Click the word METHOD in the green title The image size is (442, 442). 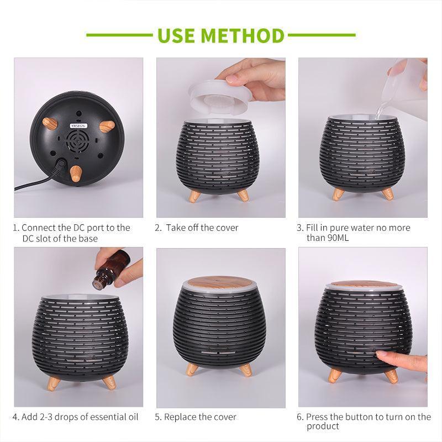(243, 35)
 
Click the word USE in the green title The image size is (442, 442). (176, 35)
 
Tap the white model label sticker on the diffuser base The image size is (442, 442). (78, 125)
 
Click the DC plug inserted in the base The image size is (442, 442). (60, 164)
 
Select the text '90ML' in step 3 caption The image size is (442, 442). (338, 238)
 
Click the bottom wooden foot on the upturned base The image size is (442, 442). (75, 173)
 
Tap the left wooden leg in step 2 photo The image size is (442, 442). (195, 194)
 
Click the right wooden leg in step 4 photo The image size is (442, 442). (109, 382)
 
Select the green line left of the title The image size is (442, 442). (119, 35)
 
